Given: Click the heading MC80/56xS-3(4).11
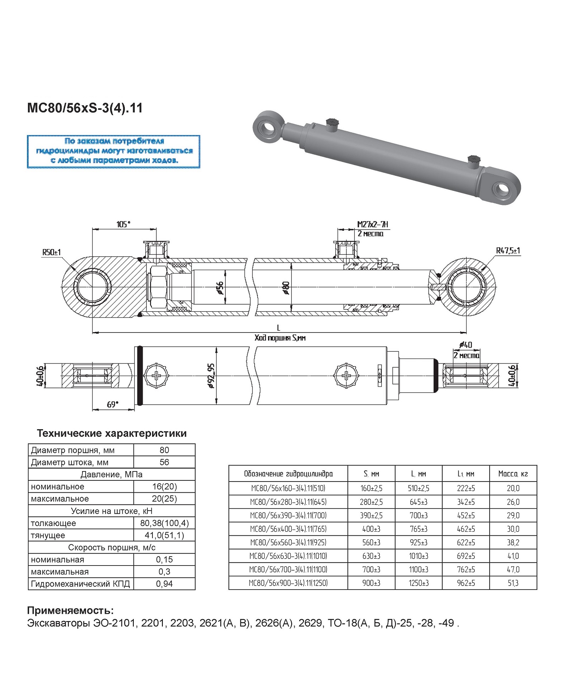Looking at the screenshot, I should [85, 108].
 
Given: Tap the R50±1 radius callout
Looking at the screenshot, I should [52, 252].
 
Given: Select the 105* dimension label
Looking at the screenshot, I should [123, 224].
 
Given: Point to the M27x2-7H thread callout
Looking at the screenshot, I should [373, 225].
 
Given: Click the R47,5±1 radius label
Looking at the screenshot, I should [508, 250].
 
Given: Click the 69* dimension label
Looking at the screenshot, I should [112, 404].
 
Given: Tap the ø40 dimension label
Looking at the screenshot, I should [466, 345].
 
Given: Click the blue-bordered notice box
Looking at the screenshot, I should [113, 151].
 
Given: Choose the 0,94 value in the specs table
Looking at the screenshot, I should [164, 584].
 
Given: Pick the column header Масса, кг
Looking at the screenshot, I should [513, 474].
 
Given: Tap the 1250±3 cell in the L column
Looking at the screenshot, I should [419, 583].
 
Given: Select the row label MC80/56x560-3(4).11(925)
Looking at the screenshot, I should [288, 543].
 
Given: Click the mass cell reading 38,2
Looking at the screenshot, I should [513, 543].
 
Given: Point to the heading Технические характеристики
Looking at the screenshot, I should [112, 433].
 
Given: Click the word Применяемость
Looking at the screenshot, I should [70, 610].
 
